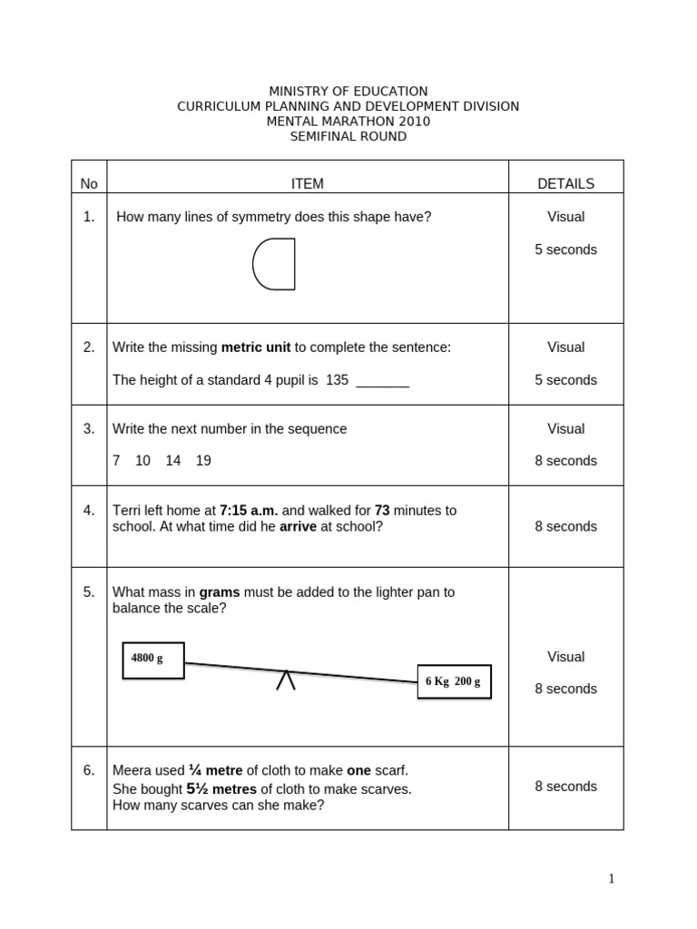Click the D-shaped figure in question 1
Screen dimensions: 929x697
click(x=274, y=264)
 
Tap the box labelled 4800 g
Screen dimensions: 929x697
click(x=152, y=659)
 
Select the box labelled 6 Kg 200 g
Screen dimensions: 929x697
click(x=454, y=681)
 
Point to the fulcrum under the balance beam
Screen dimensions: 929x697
click(x=286, y=680)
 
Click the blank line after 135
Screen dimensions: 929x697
click(x=382, y=381)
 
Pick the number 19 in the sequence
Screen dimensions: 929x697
click(x=203, y=461)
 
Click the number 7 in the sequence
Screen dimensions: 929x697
click(x=116, y=461)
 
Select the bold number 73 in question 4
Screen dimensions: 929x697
click(x=382, y=511)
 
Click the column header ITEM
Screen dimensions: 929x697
click(x=307, y=183)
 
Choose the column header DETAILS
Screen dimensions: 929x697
click(x=565, y=183)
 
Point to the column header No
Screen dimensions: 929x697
click(x=88, y=184)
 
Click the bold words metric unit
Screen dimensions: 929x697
click(x=257, y=347)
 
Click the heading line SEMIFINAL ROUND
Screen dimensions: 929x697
click(x=348, y=137)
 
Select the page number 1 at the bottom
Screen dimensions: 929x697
click(x=612, y=877)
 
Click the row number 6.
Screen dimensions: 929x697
click(x=89, y=770)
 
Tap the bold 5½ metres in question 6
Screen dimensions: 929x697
click(x=221, y=789)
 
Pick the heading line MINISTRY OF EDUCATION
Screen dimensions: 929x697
click(x=348, y=92)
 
